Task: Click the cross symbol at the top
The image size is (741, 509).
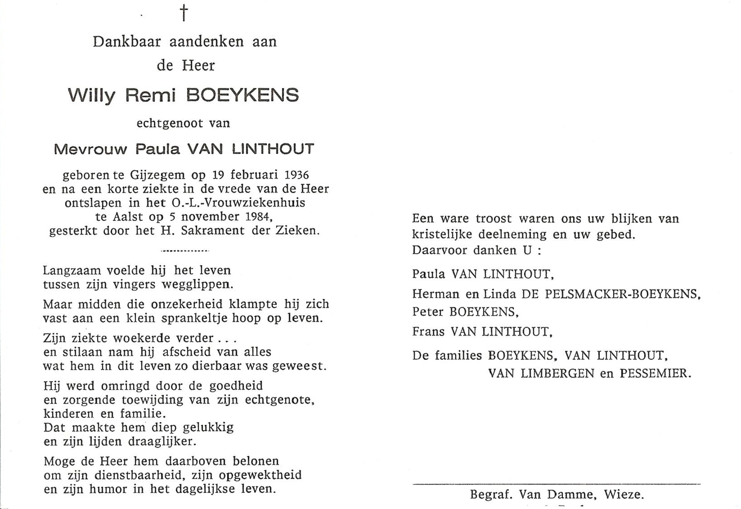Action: click(x=184, y=13)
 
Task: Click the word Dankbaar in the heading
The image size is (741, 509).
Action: click(x=127, y=42)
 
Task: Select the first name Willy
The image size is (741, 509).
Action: click(x=91, y=96)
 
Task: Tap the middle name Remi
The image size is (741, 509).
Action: click(x=150, y=95)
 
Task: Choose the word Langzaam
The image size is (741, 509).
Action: click(x=71, y=271)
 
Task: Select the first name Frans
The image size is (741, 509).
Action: click(x=428, y=332)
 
